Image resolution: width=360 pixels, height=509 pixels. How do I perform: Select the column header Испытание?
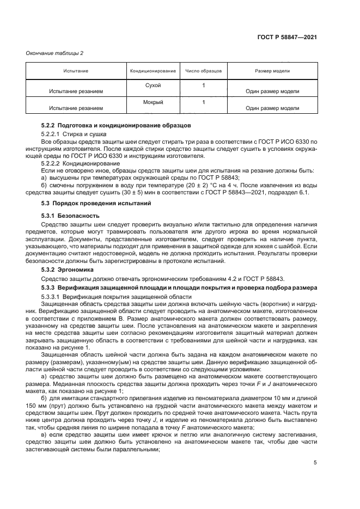coord(76,71)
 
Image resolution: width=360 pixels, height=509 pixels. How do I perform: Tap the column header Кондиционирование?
coord(152,71)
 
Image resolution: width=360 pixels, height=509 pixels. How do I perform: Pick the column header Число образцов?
coord(203,71)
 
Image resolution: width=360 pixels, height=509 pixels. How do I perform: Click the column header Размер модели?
coord(272,71)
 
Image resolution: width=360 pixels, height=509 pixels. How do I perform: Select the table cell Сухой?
coord(152,85)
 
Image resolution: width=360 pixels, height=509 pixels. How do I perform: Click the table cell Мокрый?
coord(152,102)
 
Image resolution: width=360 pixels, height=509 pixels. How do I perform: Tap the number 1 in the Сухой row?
coord(203,85)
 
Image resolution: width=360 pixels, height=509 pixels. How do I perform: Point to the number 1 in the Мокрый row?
coord(203,102)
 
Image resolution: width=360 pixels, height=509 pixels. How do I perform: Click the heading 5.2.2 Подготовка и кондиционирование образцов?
coord(116,126)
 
